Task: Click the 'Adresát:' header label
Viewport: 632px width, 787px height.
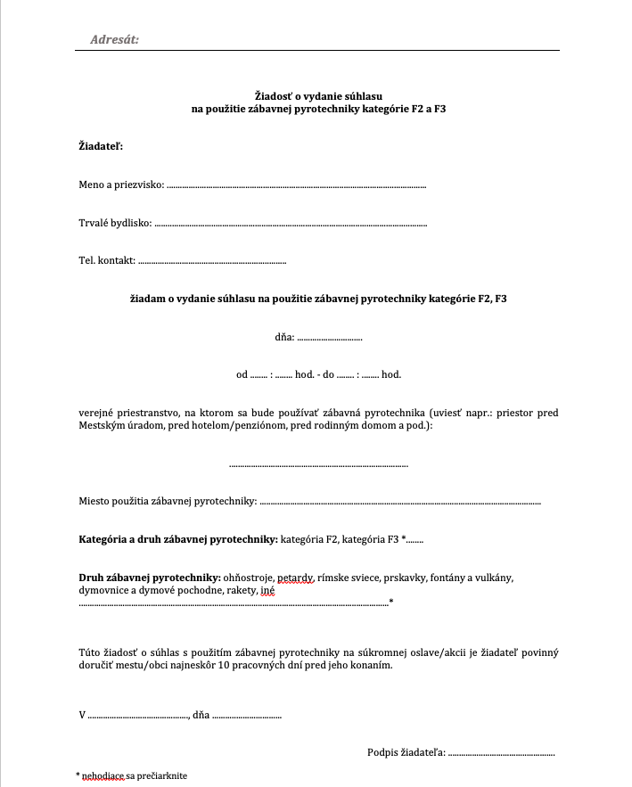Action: point(115,39)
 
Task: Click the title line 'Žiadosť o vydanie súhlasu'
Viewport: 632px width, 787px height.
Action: point(318,95)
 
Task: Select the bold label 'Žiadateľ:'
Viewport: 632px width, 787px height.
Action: point(101,144)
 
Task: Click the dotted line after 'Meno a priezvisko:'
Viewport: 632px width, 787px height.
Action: point(297,185)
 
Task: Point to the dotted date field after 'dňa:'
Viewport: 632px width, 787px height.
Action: point(330,338)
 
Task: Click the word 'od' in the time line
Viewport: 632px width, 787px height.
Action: point(242,374)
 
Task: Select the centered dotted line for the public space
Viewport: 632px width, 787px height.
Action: point(318,464)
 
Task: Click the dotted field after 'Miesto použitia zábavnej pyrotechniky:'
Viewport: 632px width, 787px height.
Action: point(399,502)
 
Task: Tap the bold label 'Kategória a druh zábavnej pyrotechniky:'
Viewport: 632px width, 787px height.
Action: point(178,539)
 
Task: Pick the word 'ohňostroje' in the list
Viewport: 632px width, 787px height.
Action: point(248,577)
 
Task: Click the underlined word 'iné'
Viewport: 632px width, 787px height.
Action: point(267,591)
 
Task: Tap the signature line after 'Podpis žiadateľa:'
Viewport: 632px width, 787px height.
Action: point(501,752)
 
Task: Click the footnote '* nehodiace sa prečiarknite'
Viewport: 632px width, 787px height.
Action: point(131,775)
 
